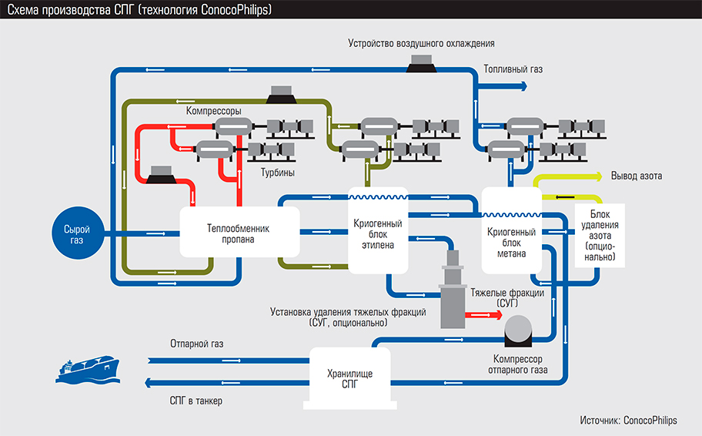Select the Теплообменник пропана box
click(x=239, y=233)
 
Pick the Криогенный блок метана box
click(x=511, y=232)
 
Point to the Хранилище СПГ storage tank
click(x=349, y=378)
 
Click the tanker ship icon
click(x=88, y=368)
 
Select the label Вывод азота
click(x=636, y=176)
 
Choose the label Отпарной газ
click(x=197, y=344)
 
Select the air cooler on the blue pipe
click(x=422, y=67)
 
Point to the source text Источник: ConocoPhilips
click(x=628, y=421)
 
